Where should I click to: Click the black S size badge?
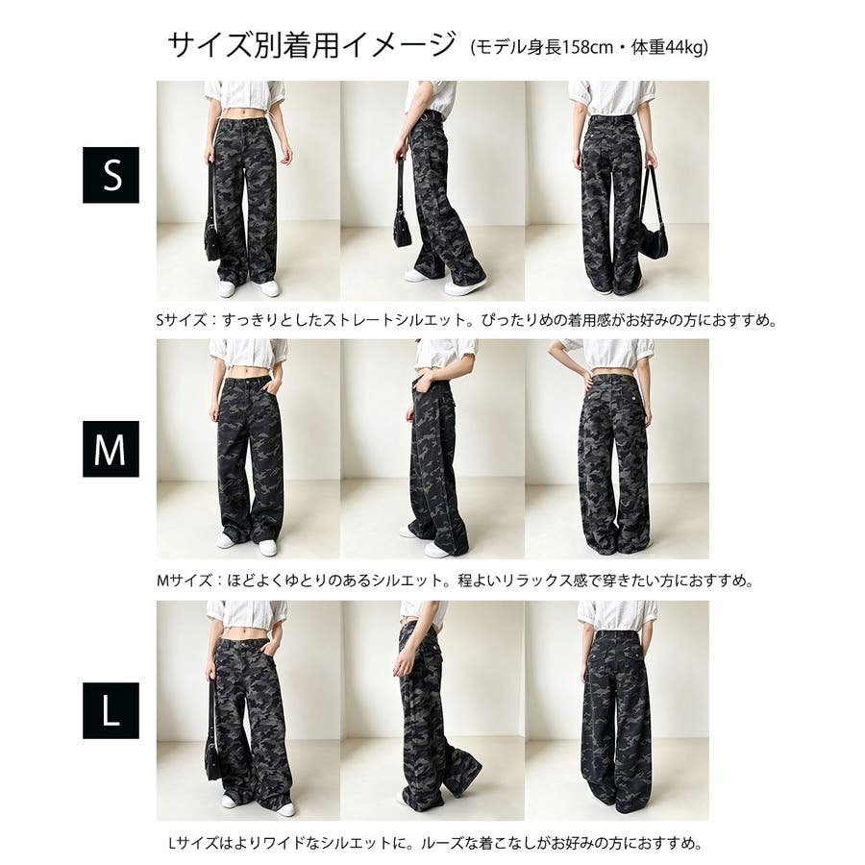(111, 175)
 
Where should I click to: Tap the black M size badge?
(111, 449)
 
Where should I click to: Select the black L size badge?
(111, 710)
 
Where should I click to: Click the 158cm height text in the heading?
(580, 48)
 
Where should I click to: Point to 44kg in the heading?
(685, 48)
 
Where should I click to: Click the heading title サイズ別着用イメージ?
(312, 44)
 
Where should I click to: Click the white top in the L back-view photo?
(618, 616)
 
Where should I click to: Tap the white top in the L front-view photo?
(247, 614)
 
